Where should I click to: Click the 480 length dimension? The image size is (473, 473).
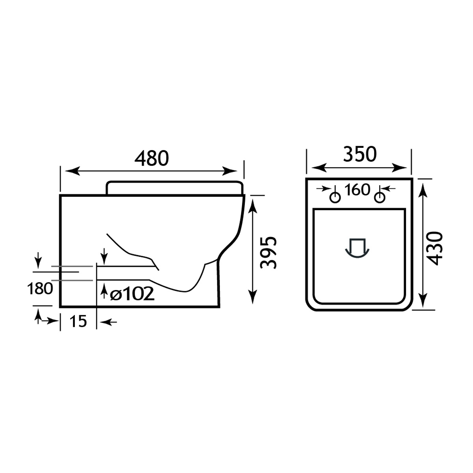pos(151,158)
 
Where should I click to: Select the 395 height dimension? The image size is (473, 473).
pos(268,253)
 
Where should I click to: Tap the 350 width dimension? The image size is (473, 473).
pos(359,155)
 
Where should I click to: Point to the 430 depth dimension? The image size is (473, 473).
pos(434,248)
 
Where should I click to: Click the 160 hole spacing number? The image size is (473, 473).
pos(357,190)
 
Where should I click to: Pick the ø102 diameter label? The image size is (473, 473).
pos(132,294)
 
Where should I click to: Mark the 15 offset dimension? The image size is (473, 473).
pos(78,321)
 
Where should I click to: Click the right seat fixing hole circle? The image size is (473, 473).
pos(380,197)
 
